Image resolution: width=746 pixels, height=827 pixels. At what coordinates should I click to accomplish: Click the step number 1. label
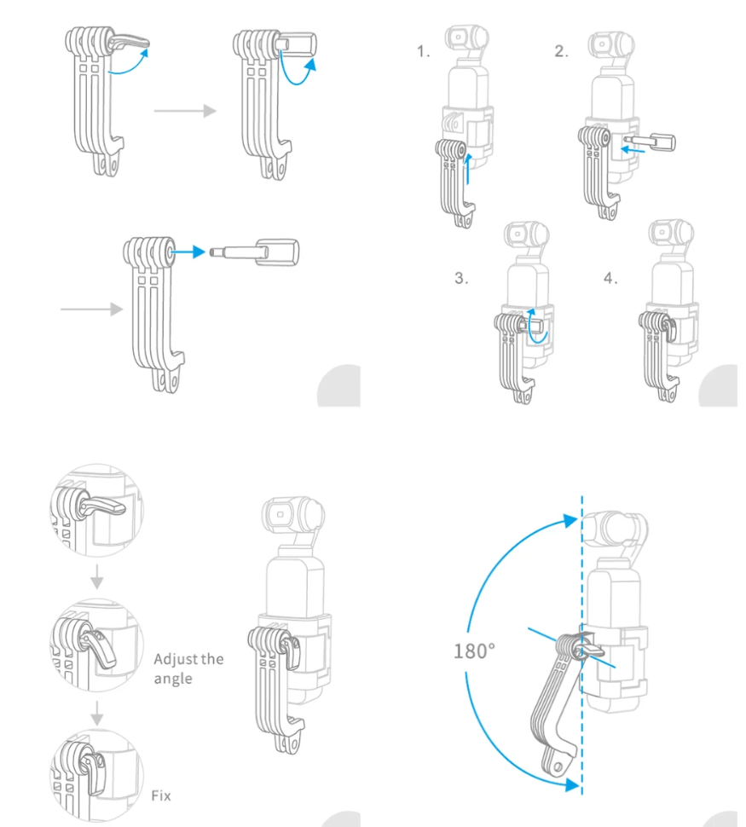pyautogui.click(x=424, y=53)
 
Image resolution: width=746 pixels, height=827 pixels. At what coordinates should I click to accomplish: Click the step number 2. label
pyautogui.click(x=561, y=52)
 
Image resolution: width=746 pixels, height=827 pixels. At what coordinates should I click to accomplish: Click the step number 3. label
pyautogui.click(x=461, y=279)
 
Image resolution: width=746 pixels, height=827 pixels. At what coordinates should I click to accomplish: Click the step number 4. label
pyautogui.click(x=610, y=279)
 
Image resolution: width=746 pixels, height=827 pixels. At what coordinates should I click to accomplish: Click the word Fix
pyautogui.click(x=161, y=795)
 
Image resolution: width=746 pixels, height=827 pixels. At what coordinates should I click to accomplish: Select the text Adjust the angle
pyautogui.click(x=188, y=668)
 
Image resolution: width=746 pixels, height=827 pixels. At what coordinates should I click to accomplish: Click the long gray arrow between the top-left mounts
pyautogui.click(x=184, y=112)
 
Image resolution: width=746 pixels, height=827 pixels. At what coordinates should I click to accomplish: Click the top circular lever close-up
pyautogui.click(x=95, y=509)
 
